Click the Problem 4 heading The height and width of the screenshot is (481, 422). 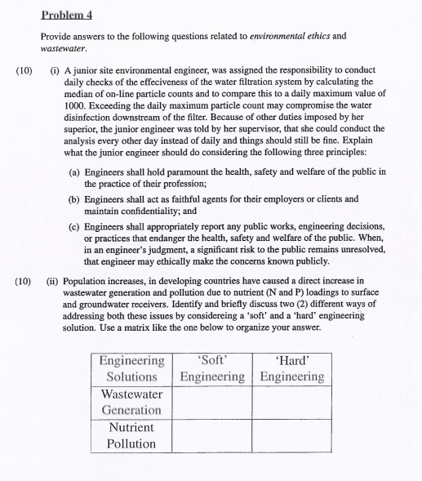pyautogui.click(x=67, y=15)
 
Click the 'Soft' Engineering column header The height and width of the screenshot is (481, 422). pyautogui.click(x=212, y=367)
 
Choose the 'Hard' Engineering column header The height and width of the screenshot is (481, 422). pyautogui.click(x=291, y=367)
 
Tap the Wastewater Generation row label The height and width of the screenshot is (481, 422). pyautogui.click(x=131, y=401)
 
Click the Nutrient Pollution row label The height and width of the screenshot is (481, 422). pyautogui.click(x=131, y=435)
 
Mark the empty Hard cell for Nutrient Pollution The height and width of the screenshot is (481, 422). pyautogui.click(x=291, y=435)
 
